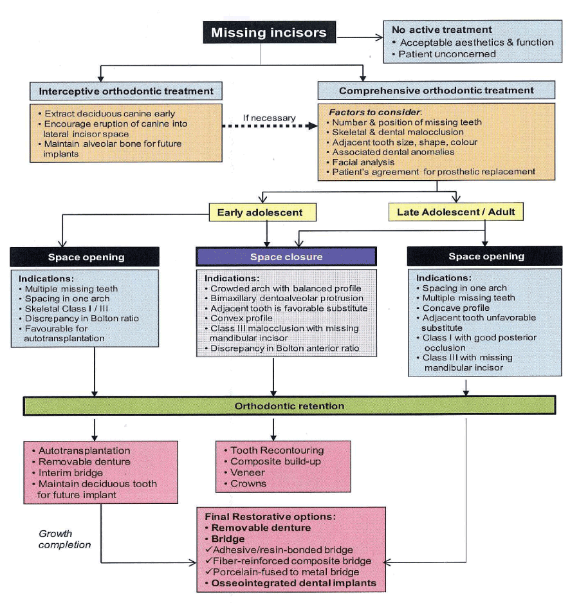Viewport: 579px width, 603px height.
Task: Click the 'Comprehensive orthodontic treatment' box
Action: point(436,91)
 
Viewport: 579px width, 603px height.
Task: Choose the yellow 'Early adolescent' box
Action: point(256,212)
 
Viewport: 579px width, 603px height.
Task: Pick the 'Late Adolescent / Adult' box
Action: point(455,212)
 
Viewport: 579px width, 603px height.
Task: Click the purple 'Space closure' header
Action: point(286,257)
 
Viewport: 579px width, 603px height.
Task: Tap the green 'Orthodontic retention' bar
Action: point(289,406)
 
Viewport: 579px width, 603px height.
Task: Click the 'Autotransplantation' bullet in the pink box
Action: point(84,451)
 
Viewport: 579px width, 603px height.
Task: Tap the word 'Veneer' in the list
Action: point(248,472)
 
